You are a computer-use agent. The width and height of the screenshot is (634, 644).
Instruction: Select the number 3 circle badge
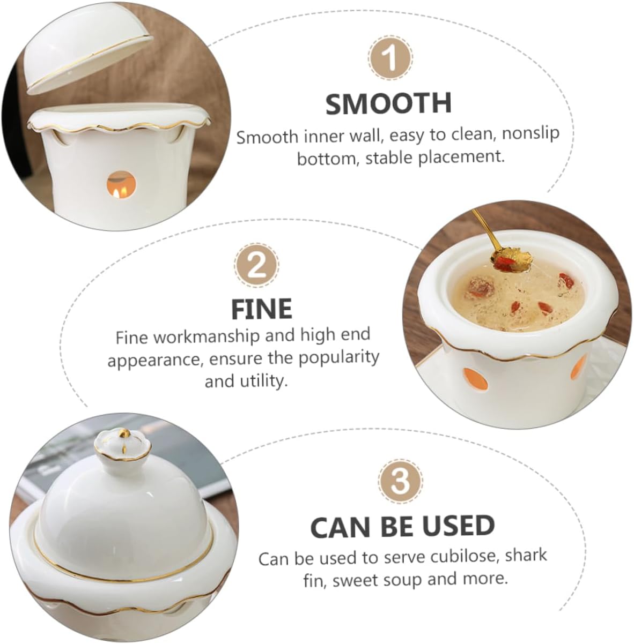pos(400,480)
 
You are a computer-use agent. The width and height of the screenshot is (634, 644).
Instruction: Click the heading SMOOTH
pos(388,103)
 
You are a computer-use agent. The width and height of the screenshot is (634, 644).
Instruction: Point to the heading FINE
pos(261,309)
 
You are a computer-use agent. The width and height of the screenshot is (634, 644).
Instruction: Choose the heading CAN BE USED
pos(402,526)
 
